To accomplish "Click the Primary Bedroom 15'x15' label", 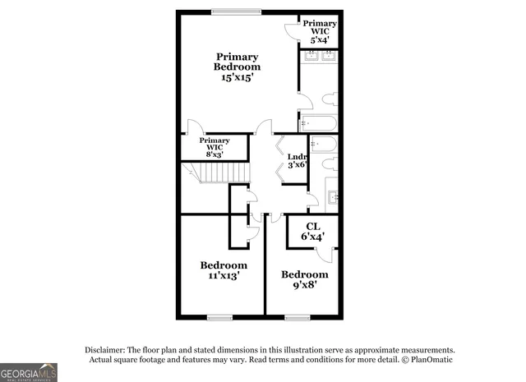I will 237,67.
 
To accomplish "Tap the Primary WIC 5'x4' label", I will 321,30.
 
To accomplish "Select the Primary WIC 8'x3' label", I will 215,147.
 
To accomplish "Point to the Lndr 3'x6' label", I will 297,160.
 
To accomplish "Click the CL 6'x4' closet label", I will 312,232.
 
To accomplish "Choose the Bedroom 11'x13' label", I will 224,270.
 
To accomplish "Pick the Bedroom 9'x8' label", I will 304,279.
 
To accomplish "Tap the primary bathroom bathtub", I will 317,123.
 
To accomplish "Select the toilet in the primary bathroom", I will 330,100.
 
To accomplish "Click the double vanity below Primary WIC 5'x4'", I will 320,56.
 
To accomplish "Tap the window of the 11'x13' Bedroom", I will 220,317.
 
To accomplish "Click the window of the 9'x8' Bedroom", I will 297,317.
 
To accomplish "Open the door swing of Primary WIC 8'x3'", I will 195,127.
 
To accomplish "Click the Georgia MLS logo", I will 29,372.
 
